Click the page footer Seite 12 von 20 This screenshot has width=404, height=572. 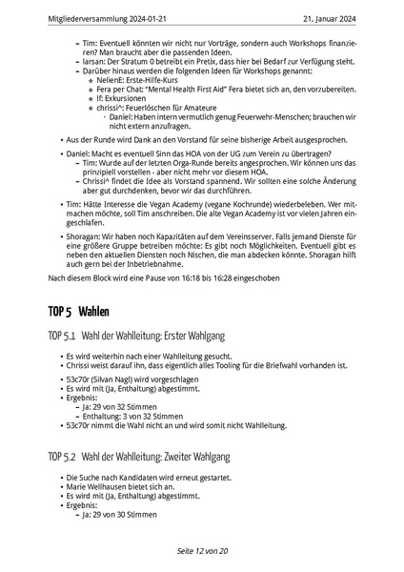(202, 551)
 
